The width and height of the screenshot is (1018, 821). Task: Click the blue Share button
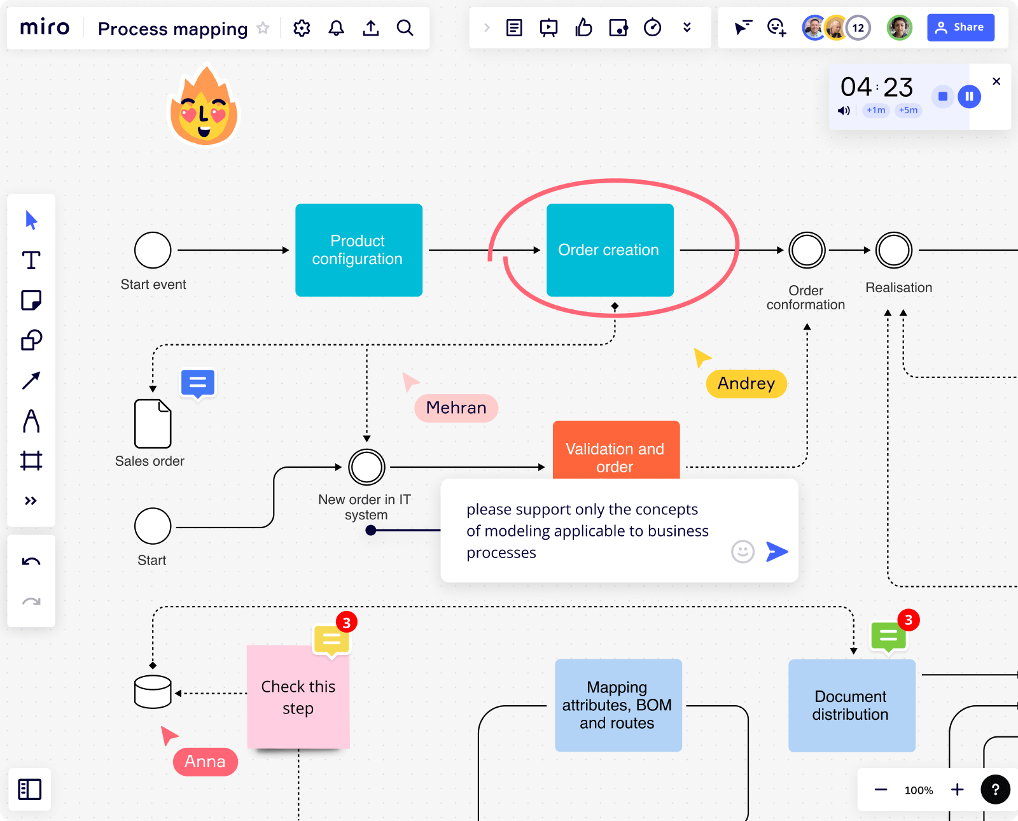point(960,27)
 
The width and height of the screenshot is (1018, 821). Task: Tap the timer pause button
point(969,97)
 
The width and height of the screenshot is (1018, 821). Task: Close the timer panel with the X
point(996,81)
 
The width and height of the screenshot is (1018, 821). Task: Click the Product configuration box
point(358,250)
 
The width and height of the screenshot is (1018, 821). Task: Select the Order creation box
point(610,250)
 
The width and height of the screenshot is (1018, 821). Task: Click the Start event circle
point(153,250)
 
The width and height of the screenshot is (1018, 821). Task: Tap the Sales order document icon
point(153,424)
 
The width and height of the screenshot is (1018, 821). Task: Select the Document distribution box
point(851,706)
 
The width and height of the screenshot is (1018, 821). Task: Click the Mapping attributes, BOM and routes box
point(618,706)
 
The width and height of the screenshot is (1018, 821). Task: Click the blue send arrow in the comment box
point(777,552)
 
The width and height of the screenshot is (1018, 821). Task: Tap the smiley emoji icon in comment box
point(743,552)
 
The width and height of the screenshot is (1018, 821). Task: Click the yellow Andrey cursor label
point(746,384)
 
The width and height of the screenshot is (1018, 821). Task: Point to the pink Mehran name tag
point(456,408)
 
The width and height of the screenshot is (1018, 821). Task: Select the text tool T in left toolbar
point(31,260)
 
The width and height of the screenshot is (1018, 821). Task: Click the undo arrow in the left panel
point(31,561)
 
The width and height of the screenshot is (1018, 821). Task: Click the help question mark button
point(995,790)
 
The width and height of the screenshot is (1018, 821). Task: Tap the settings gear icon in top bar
point(302,28)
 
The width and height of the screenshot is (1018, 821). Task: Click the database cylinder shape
point(153,692)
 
